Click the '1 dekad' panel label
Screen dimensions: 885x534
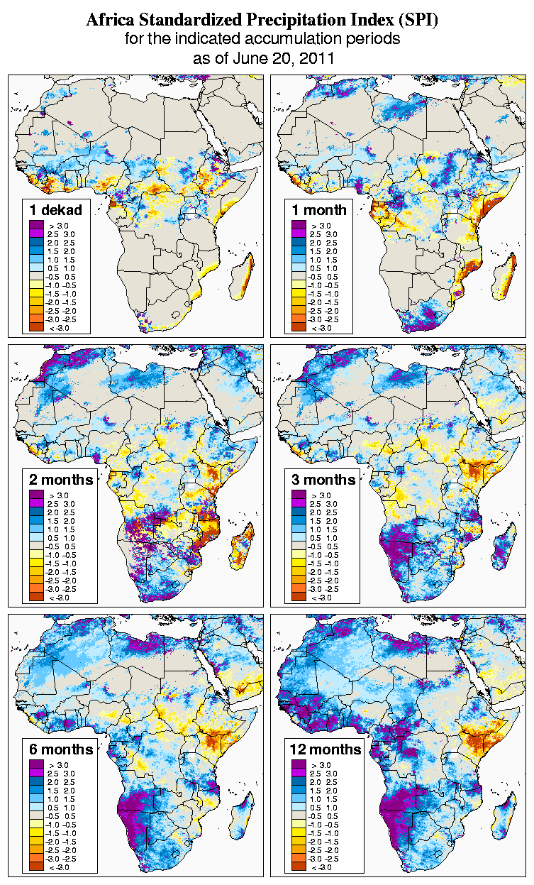(56, 210)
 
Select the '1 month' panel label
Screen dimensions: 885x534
(320, 210)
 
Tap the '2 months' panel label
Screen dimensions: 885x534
(61, 480)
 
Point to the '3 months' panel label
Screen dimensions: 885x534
(323, 480)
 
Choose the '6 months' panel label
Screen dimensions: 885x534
(61, 749)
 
